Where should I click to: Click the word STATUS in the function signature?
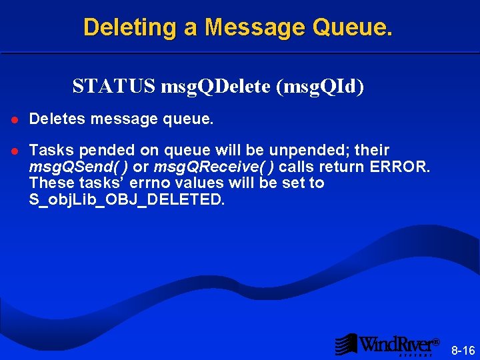[113, 87]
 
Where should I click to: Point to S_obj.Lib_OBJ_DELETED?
[127, 199]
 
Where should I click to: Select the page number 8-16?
[463, 350]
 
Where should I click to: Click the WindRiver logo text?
[399, 345]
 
